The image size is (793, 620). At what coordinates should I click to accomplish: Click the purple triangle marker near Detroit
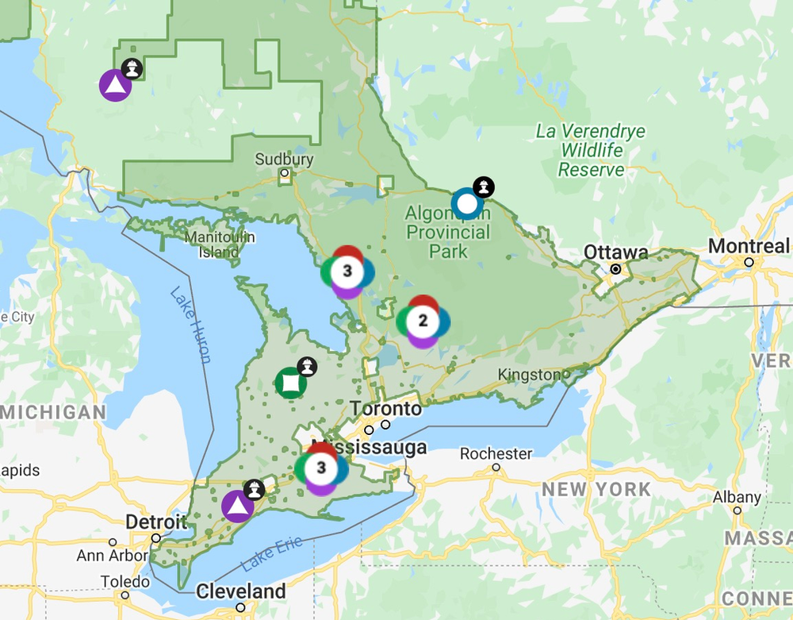[236, 506]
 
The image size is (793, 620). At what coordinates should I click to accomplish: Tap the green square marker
[290, 383]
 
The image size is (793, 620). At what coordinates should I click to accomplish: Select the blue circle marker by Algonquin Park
[467, 204]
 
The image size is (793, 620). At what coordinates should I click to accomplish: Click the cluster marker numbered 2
[423, 321]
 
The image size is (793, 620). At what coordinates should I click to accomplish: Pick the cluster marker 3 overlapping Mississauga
[321, 468]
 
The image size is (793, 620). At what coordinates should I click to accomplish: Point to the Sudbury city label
[284, 159]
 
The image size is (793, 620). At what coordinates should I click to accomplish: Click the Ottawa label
[616, 252]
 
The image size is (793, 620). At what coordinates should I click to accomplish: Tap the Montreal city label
[749, 246]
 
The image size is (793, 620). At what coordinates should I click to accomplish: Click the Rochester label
[496, 453]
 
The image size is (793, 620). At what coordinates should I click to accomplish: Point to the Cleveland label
[241, 591]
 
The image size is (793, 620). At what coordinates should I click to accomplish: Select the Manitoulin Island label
[220, 245]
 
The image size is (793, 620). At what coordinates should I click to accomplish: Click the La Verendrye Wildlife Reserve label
[591, 150]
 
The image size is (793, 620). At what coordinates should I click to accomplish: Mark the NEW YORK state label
[596, 489]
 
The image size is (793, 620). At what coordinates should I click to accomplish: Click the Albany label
[737, 497]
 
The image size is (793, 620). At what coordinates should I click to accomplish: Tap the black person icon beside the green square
[307, 367]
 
